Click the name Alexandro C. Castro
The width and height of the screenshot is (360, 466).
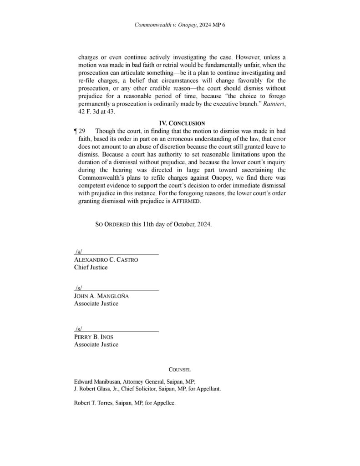click(106, 260)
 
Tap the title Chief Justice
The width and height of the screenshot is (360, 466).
click(91, 268)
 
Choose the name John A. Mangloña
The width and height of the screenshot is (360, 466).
click(101, 296)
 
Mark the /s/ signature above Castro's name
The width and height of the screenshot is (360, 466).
click(78, 251)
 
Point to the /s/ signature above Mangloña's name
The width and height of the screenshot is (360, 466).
click(78, 288)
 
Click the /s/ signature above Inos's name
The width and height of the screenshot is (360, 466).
click(78, 329)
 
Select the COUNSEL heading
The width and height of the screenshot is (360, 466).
click(180, 370)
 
